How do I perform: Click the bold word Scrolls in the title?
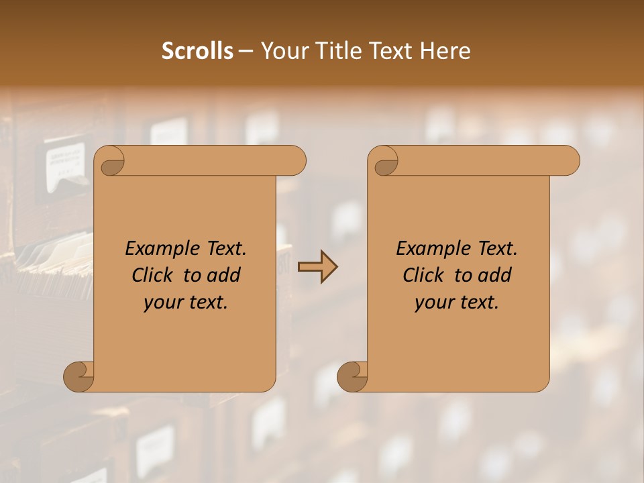[x=197, y=50]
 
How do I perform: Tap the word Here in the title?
[x=445, y=50]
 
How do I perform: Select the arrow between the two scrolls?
[x=317, y=267]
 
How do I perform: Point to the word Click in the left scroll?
[x=153, y=275]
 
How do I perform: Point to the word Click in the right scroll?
[x=424, y=275]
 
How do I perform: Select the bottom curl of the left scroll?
[x=79, y=376]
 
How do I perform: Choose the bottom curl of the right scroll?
[x=352, y=376]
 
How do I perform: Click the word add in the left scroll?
[x=224, y=275]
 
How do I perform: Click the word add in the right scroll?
[x=495, y=275]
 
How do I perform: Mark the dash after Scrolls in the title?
[x=246, y=52]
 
